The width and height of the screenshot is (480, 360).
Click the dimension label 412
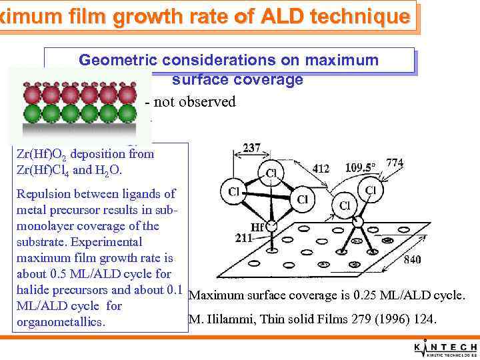pyautogui.click(x=321, y=169)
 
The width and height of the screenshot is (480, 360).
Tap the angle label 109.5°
pyautogui.click(x=360, y=167)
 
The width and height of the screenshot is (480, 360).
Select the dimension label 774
pyautogui.click(x=395, y=162)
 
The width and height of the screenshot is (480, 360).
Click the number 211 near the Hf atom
pyautogui.click(x=245, y=238)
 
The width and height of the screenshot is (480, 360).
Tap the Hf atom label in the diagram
pyautogui.click(x=258, y=227)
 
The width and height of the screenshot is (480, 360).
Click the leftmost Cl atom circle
pyautogui.click(x=233, y=191)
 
